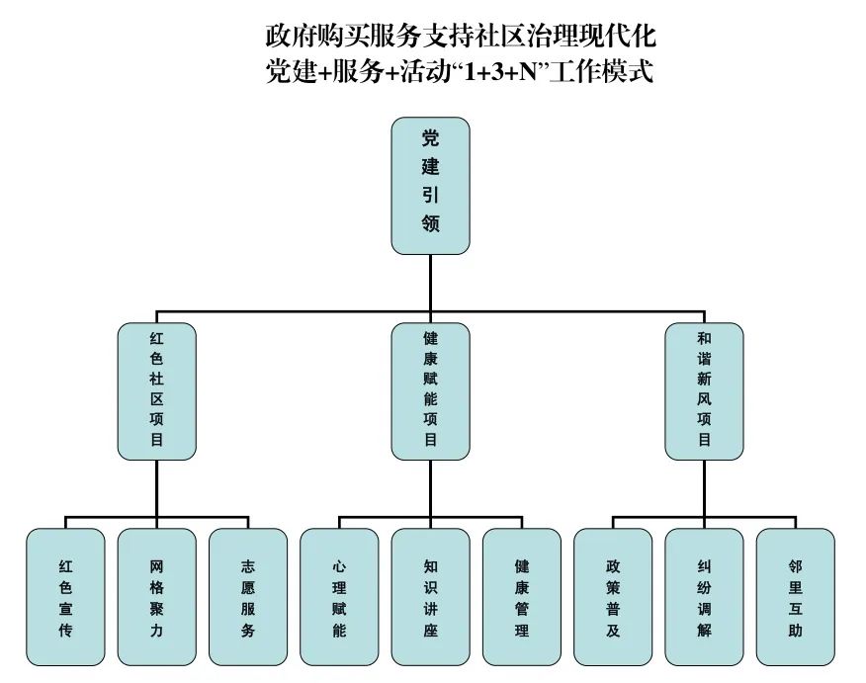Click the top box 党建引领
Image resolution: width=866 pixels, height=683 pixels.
pos(430,186)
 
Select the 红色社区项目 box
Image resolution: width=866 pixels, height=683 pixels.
pos(157,390)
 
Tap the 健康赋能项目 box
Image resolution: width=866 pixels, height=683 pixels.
pos(430,390)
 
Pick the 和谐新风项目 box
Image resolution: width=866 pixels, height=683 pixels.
pos(704,390)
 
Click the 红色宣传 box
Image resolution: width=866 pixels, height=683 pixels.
pos(65,596)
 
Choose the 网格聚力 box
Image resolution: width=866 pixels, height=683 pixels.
pos(156,596)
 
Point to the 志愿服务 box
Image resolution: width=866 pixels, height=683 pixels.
pos(248,596)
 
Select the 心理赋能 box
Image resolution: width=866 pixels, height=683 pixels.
pos(339,596)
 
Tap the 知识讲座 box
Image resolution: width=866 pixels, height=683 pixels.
pos(430,596)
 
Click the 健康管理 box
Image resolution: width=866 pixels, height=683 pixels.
pos(521,596)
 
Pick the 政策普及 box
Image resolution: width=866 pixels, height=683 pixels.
pos(613,596)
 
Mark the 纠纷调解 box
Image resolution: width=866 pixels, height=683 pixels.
pos(704,596)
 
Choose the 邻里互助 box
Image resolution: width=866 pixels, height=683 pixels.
pos(795,596)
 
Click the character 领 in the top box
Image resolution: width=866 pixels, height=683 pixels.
pos(430,224)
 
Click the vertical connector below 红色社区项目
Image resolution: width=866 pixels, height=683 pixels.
pos(157,486)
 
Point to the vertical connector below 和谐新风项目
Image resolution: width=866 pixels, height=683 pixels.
pos(704,486)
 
